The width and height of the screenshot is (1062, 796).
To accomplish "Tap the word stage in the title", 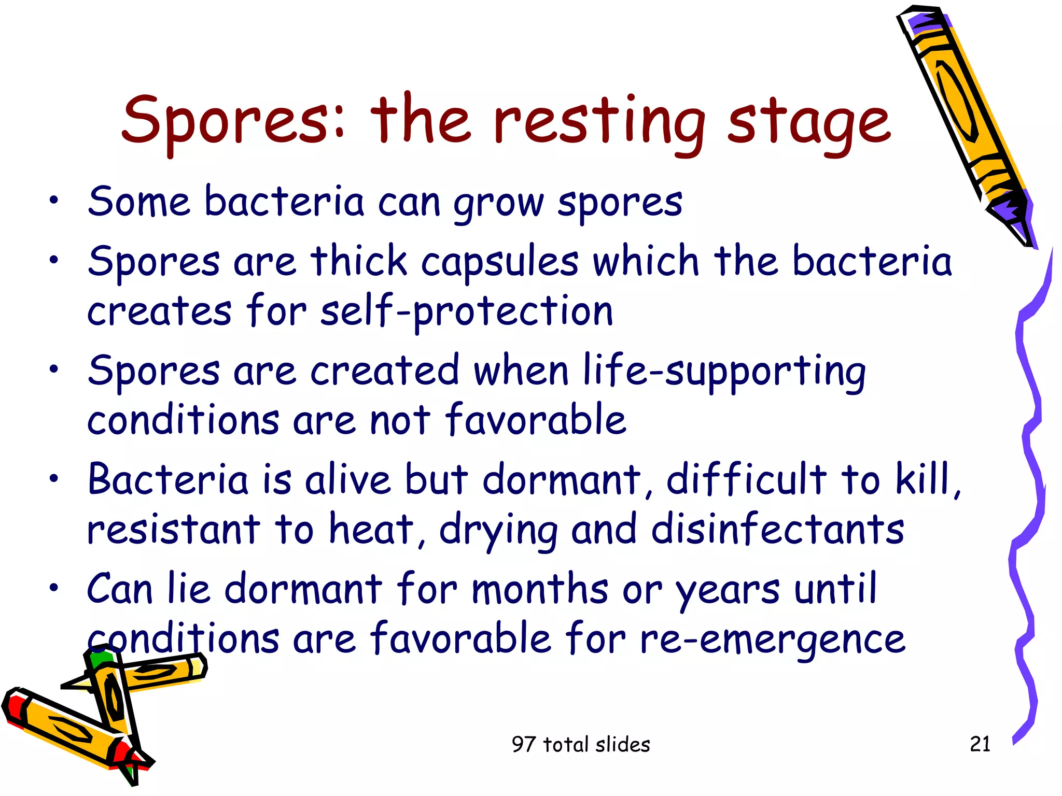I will pyautogui.click(x=809, y=124).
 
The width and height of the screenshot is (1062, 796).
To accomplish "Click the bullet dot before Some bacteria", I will pyautogui.click(x=53, y=201).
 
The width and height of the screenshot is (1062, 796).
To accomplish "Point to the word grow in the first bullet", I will pyautogui.click(x=498, y=203).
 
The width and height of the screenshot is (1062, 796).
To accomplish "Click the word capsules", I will pyautogui.click(x=499, y=261).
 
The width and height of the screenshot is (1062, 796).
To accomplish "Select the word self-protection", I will pyautogui.click(x=467, y=312).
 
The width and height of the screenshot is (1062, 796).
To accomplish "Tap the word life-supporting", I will pyautogui.click(x=724, y=372).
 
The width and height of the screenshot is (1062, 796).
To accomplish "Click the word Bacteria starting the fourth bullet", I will pyautogui.click(x=168, y=479).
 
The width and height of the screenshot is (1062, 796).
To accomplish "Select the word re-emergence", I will pyautogui.click(x=773, y=639).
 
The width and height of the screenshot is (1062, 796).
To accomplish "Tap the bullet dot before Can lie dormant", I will pyautogui.click(x=53, y=589).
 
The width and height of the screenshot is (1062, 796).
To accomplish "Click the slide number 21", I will pyautogui.click(x=980, y=744).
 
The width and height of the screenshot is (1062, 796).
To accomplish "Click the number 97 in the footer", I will pyautogui.click(x=524, y=745).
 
